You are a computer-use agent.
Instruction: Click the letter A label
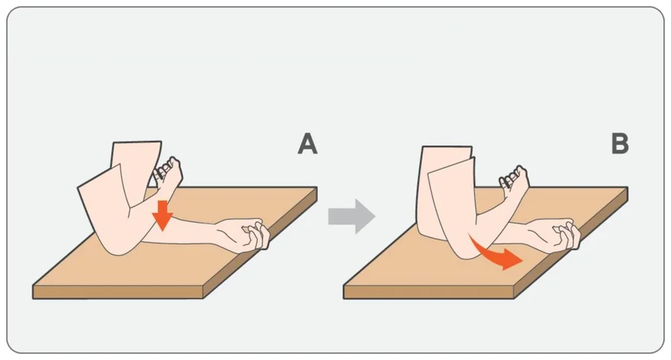[x=308, y=144]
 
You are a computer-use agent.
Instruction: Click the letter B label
[x=620, y=144]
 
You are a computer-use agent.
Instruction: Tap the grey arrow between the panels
[x=352, y=216]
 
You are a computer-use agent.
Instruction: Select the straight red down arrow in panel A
[x=163, y=215]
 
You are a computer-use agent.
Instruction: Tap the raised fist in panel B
[x=514, y=180]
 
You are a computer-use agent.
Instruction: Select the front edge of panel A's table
[x=118, y=292]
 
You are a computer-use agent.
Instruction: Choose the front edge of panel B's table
[x=429, y=292]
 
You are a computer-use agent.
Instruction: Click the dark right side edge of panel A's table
[x=260, y=243]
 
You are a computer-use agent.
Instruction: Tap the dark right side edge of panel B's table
[x=571, y=243]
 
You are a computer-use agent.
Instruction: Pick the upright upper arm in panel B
[x=445, y=192]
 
